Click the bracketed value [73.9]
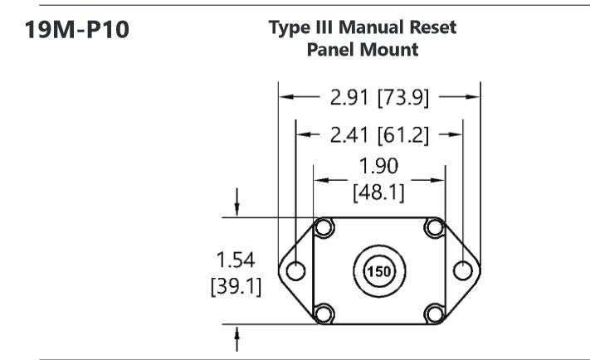[x=402, y=98]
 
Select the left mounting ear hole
[x=294, y=270]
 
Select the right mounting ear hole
[x=463, y=270]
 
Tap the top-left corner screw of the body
[x=324, y=226]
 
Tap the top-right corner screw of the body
[x=434, y=226]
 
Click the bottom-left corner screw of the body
[x=324, y=314]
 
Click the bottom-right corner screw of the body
[x=434, y=314]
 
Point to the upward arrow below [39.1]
[x=238, y=335]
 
